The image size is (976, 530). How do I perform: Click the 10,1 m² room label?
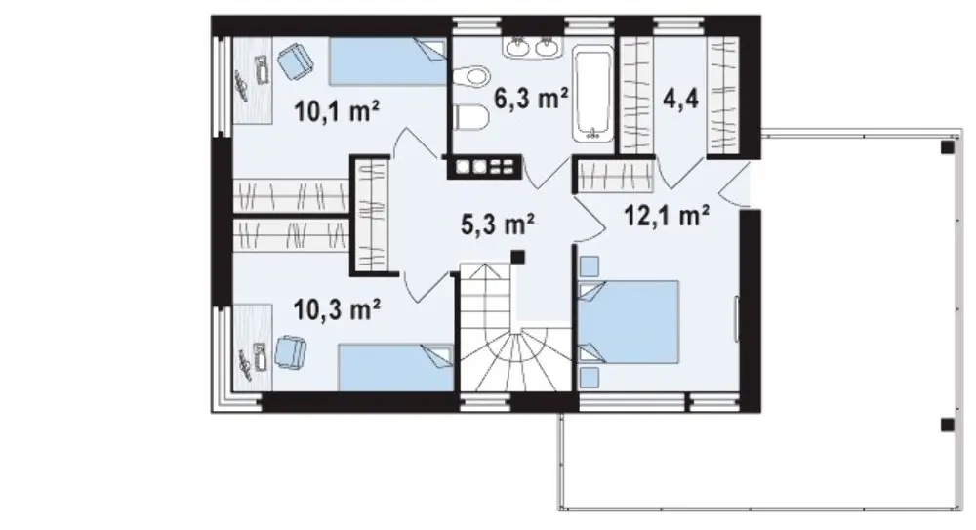(337, 112)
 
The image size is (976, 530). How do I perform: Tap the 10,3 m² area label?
(337, 309)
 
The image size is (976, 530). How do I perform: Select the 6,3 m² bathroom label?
(531, 99)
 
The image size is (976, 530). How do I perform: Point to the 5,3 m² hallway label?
(498, 224)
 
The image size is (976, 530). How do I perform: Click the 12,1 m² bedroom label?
(666, 216)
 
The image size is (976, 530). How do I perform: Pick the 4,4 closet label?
(681, 99)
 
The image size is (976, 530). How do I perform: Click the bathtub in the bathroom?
(592, 93)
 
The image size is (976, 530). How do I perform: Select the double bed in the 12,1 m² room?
(628, 321)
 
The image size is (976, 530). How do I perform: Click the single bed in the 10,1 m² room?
(387, 61)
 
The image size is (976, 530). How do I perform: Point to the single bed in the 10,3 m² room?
(395, 367)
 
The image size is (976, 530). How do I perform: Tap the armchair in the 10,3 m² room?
(291, 352)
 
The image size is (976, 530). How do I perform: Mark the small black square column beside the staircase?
(517, 257)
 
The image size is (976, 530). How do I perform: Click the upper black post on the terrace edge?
(947, 147)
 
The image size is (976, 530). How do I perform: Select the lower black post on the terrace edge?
(947, 426)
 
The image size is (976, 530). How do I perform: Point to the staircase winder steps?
(516, 360)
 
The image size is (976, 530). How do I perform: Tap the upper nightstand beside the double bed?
(589, 266)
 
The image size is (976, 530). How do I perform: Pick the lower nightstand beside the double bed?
(589, 378)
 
